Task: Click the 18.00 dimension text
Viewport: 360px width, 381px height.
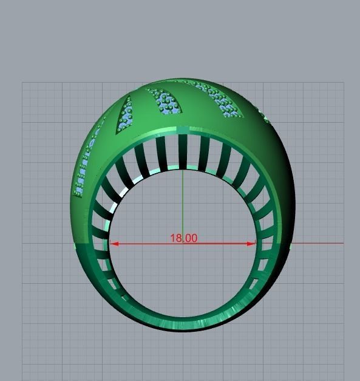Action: tap(183, 238)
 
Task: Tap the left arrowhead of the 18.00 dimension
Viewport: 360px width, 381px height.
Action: tap(114, 244)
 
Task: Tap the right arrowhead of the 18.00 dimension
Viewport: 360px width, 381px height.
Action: tap(252, 244)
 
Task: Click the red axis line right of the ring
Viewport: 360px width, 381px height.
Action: tap(319, 243)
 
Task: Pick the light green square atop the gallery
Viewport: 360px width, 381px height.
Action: tap(183, 130)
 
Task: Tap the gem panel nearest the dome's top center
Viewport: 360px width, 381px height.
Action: tap(165, 101)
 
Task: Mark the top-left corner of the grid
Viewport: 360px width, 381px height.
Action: tap(23, 83)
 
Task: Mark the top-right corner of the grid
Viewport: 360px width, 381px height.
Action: tap(344, 83)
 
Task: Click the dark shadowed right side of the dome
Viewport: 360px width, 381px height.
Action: tap(282, 182)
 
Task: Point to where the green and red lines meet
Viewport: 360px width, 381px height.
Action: tap(183, 244)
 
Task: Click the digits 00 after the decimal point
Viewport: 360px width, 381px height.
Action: tap(191, 238)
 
